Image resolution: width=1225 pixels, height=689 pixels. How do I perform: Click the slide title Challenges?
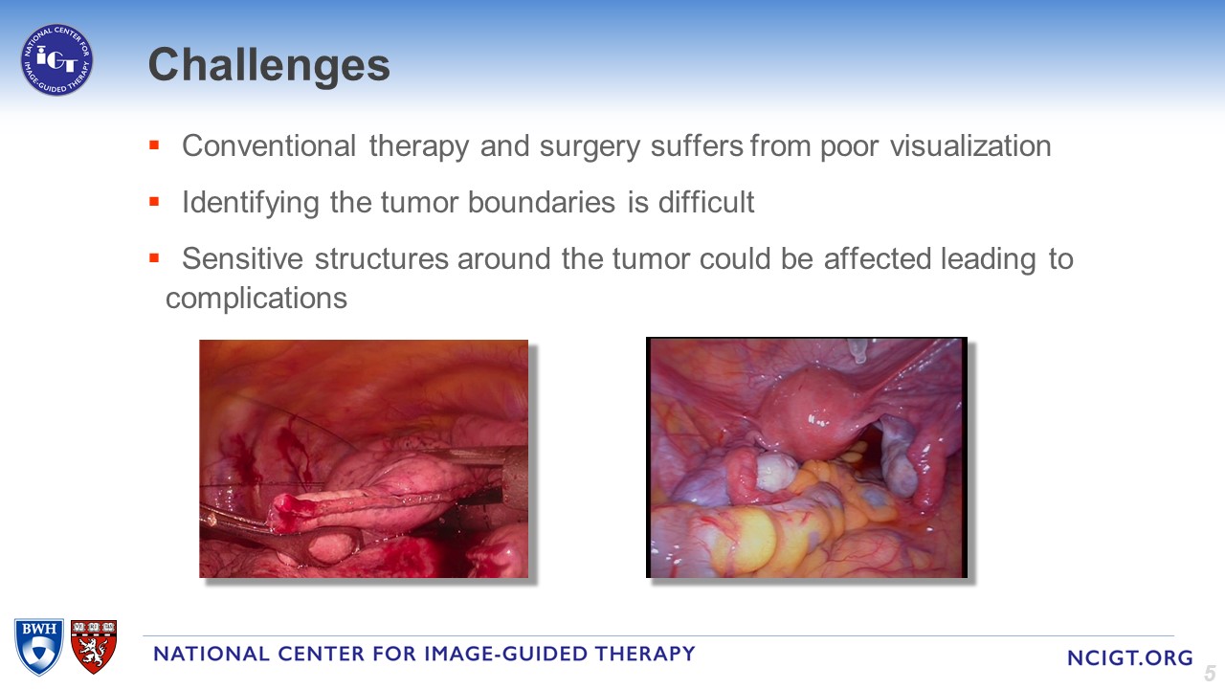pyautogui.click(x=269, y=65)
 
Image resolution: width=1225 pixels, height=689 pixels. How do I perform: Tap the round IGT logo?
pyautogui.click(x=56, y=59)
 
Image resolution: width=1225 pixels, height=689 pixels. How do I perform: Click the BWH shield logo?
pyautogui.click(x=39, y=646)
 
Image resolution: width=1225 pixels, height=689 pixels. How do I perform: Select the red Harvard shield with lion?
pyautogui.click(x=94, y=646)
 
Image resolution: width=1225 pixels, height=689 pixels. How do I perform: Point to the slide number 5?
pyautogui.click(x=1210, y=673)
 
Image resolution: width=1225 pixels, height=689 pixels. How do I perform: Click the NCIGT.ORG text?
pyautogui.click(x=1130, y=657)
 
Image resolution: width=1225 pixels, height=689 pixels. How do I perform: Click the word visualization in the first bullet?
pyautogui.click(x=970, y=146)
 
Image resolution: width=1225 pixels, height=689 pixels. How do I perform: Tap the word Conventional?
pyautogui.click(x=269, y=146)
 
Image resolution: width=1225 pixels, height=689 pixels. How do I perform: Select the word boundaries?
pyautogui.click(x=542, y=202)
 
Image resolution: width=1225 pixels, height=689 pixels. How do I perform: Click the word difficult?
pyautogui.click(x=706, y=202)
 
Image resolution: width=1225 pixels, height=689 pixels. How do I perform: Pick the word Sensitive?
pyautogui.click(x=242, y=258)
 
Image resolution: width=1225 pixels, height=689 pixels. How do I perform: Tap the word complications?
pyautogui.click(x=256, y=300)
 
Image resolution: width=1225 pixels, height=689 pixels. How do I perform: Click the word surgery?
pyautogui.click(x=590, y=147)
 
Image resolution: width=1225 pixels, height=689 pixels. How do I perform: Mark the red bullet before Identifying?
pyautogui.click(x=154, y=202)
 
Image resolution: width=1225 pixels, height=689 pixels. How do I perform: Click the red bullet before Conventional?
pyautogui.click(x=154, y=145)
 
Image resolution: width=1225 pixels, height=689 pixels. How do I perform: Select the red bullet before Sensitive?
pyautogui.click(x=154, y=258)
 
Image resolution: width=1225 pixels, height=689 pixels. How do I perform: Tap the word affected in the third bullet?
pyautogui.click(x=878, y=258)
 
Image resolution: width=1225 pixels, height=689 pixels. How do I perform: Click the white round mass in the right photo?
pyautogui.click(x=777, y=472)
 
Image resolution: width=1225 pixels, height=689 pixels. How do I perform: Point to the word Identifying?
pyautogui.click(x=251, y=204)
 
